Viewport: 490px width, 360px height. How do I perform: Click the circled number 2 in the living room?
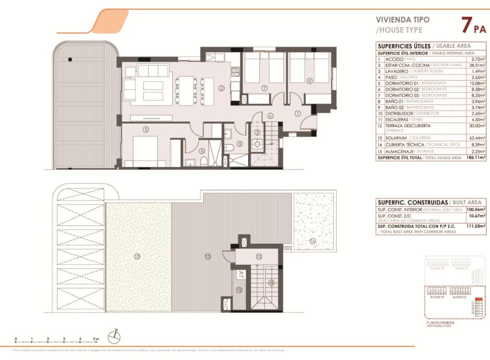tap(221, 88)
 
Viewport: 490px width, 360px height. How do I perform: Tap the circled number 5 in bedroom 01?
tap(146, 130)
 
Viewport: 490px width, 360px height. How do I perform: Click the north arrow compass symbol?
tap(116, 334)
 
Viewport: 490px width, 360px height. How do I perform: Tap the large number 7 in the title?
tap(467, 25)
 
